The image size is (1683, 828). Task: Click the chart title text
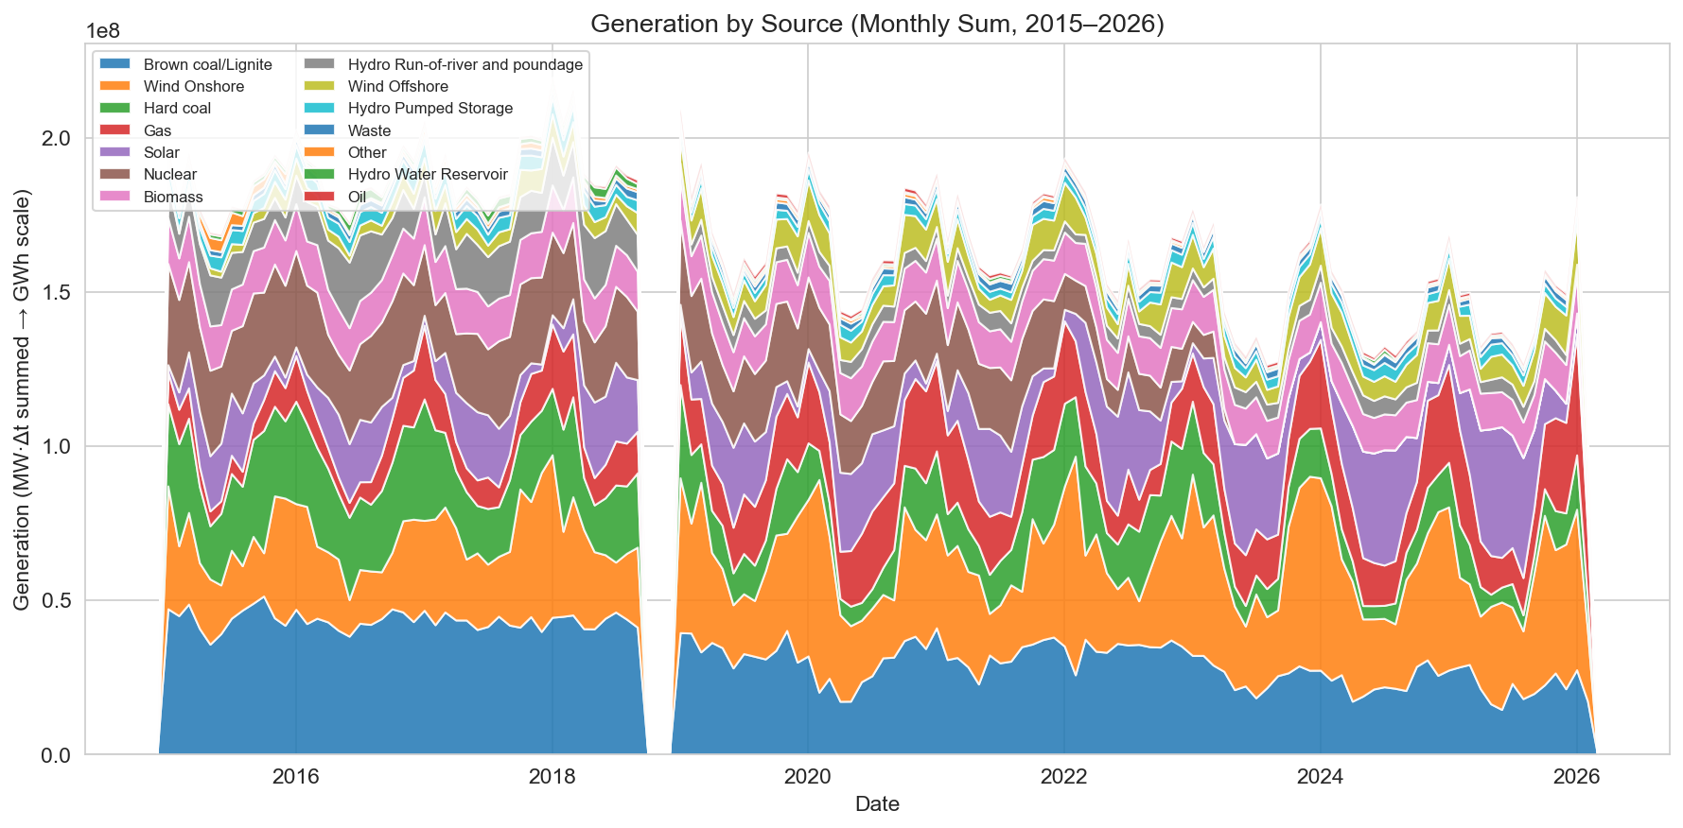click(x=877, y=24)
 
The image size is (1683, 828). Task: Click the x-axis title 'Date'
click(x=877, y=804)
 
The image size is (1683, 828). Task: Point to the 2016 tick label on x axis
click(x=295, y=777)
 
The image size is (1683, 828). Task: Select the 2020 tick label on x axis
click(x=808, y=777)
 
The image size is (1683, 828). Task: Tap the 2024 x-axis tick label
click(x=1320, y=777)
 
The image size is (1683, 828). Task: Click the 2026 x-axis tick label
click(x=1576, y=777)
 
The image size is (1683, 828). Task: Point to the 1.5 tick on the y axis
click(x=57, y=292)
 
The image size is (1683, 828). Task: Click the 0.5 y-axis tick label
click(x=57, y=600)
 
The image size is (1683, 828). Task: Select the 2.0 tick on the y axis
click(x=57, y=138)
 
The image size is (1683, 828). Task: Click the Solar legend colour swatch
click(x=117, y=152)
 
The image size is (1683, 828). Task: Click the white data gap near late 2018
click(x=659, y=473)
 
